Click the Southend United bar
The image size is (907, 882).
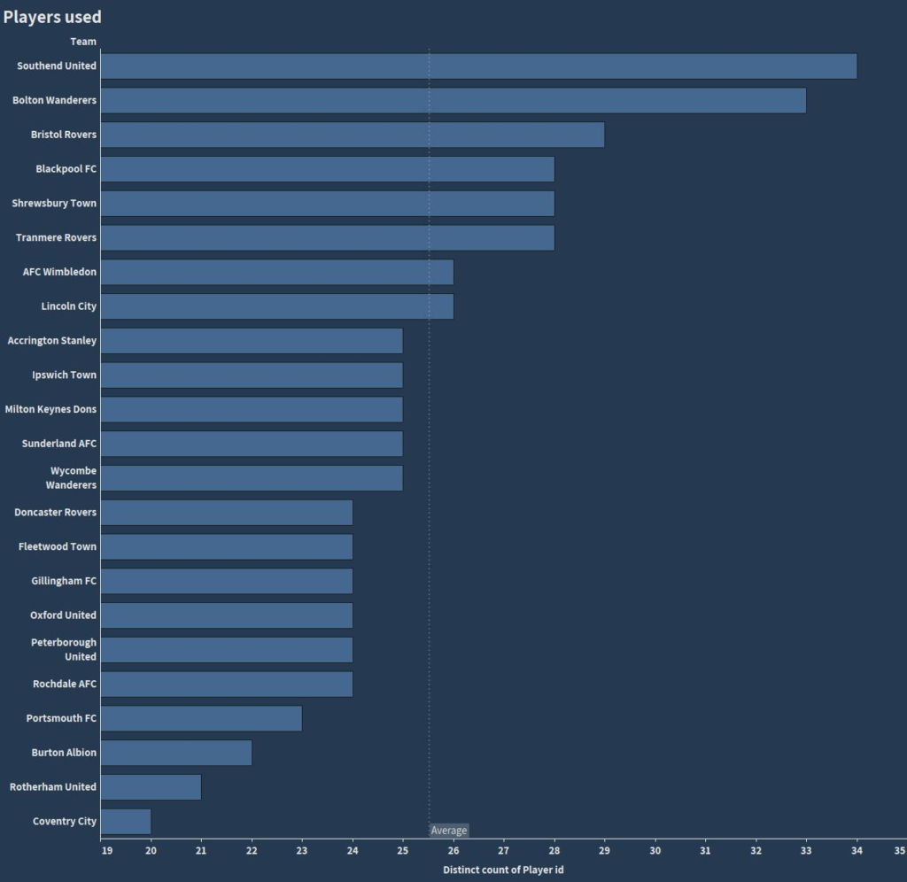coord(478,66)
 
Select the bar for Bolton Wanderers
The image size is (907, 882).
coord(453,100)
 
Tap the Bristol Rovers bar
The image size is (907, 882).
coord(353,135)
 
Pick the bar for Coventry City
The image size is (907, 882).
coord(126,822)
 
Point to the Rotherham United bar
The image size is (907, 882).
coord(151,787)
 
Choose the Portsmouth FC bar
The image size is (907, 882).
coord(201,718)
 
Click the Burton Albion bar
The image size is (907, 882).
coord(176,753)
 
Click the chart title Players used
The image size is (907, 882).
coord(52,17)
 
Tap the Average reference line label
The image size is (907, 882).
coord(448,831)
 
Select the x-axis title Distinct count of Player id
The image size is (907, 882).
coord(503,870)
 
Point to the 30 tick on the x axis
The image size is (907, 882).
coord(655,851)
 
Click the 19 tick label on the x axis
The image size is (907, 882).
coord(106,851)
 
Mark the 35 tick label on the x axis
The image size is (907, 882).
coord(899,851)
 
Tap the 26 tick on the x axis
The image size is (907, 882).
coord(453,851)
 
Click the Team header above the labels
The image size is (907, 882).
coord(83,42)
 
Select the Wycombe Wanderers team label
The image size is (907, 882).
coord(71,478)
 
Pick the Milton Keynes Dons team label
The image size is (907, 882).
coord(50,409)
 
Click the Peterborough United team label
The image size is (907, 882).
coord(64,650)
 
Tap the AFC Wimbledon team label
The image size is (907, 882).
coord(59,272)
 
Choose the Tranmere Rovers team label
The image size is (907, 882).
coord(56,237)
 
